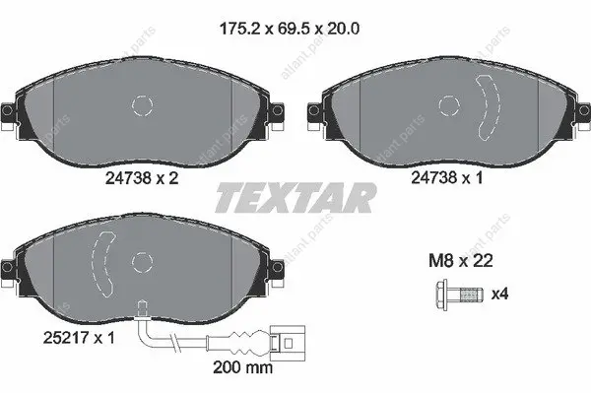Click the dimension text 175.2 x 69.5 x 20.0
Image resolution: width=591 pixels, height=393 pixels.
pyautogui.click(x=289, y=29)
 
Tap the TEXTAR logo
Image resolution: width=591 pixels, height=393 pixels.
pyautogui.click(x=295, y=198)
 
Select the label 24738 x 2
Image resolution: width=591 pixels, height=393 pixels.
pyautogui.click(x=141, y=178)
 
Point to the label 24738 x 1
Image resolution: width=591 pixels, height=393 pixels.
pyautogui.click(x=446, y=177)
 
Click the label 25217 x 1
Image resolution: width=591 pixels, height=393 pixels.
pyautogui.click(x=79, y=338)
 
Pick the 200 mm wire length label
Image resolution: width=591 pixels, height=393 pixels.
pyautogui.click(x=242, y=366)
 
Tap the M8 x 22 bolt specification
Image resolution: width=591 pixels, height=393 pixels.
pyautogui.click(x=461, y=260)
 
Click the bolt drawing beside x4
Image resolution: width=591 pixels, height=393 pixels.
pyautogui.click(x=459, y=295)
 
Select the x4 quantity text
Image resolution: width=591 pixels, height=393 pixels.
pyautogui.click(x=499, y=294)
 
